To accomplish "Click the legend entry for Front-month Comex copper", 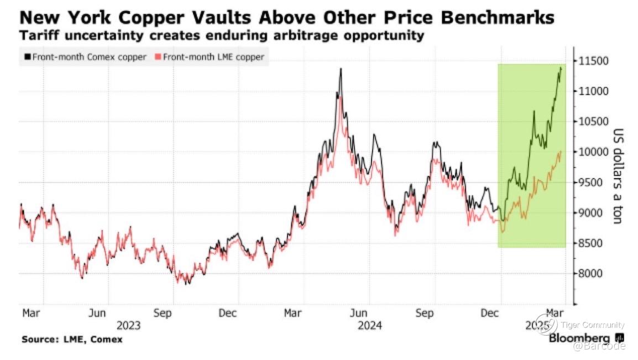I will coord(86,56).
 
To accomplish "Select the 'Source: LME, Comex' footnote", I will coord(72,339).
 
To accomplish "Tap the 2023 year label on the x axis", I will coord(129,325).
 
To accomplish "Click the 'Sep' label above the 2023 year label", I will coord(163,314).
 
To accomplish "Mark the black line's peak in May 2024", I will coord(341,69).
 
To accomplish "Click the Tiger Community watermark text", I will coord(592,325).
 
